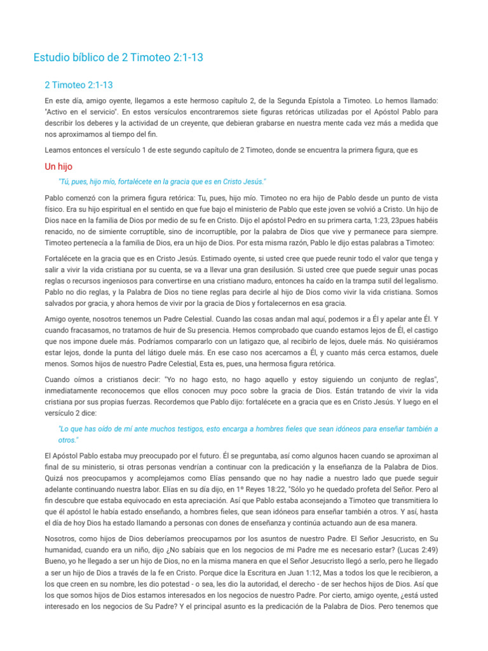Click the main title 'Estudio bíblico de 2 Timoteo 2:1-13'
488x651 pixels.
118,58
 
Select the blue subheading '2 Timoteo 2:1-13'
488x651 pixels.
79,85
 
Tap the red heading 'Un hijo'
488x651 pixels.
58,167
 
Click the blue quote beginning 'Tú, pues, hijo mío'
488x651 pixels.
162,181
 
